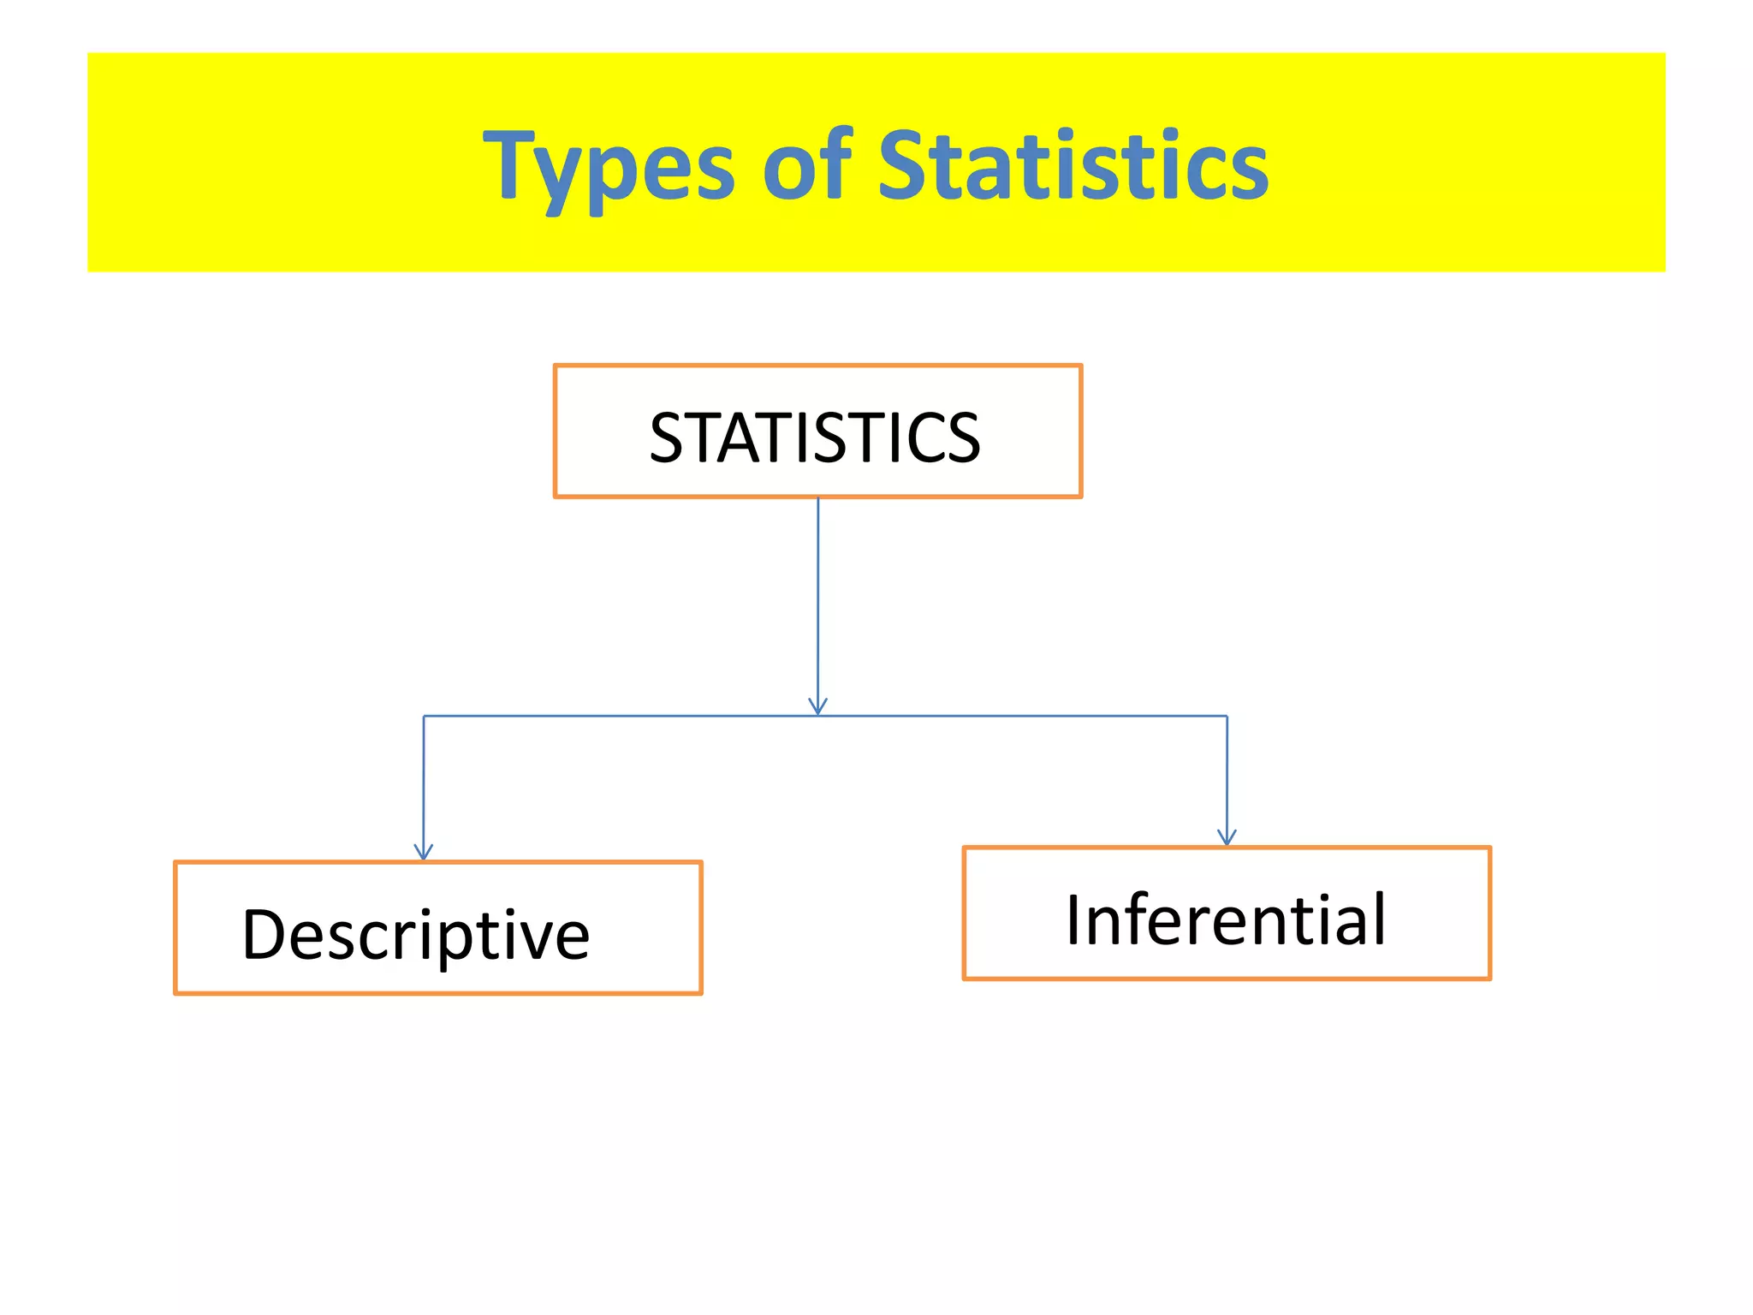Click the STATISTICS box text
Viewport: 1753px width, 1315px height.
point(815,437)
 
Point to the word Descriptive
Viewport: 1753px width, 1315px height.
point(416,935)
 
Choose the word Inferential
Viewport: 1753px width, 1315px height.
point(1226,920)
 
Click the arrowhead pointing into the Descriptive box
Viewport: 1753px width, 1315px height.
point(424,851)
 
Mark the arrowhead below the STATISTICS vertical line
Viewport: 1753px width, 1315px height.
point(817,705)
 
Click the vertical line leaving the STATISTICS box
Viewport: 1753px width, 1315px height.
point(817,599)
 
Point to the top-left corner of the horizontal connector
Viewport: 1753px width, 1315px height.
point(424,716)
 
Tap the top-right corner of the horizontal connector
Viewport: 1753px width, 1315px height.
point(1227,716)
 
